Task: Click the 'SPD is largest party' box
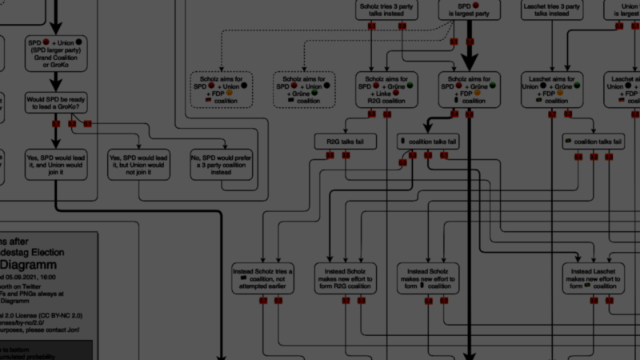(469, 9)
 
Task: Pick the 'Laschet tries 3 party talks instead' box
(552, 9)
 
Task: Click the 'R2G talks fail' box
(345, 140)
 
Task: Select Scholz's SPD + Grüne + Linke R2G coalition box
(386, 90)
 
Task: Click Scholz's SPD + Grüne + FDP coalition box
(469, 90)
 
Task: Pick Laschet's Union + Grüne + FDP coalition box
(552, 90)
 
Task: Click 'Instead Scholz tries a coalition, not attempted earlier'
(263, 277)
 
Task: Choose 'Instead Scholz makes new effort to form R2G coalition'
(346, 277)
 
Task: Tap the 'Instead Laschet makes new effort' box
(594, 277)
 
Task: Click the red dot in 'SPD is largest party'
(475, 5)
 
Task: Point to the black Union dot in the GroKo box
(79, 42)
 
